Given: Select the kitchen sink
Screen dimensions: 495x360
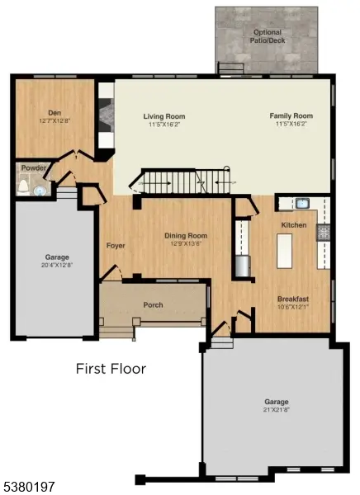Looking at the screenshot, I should (x=301, y=203).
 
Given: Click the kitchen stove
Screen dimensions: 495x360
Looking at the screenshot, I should (x=324, y=233).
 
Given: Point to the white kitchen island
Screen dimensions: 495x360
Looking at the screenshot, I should (x=284, y=251).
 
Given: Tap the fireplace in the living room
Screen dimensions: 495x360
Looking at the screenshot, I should (x=106, y=123).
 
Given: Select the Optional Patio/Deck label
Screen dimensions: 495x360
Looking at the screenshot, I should (x=267, y=35).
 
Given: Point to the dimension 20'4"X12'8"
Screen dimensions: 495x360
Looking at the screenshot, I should (x=57, y=264).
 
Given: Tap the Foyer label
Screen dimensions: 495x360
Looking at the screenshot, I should (x=115, y=246).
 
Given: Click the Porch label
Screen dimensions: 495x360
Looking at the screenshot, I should (x=154, y=305).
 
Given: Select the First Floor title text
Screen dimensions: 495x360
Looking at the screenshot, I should (x=111, y=369).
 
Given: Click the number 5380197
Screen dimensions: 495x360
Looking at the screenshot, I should (x=29, y=488).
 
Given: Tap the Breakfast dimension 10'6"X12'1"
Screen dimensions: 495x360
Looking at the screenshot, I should (x=293, y=307).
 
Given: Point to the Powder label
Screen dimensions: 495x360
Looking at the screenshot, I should (x=32, y=168).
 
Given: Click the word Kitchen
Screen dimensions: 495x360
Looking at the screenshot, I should (x=294, y=225).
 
